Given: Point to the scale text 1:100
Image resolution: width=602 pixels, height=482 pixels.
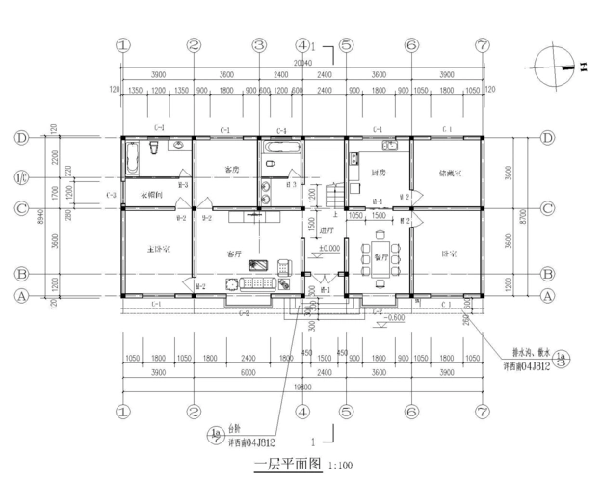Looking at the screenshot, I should tap(341, 466).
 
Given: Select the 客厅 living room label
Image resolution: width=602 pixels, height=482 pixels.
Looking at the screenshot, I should tap(233, 254).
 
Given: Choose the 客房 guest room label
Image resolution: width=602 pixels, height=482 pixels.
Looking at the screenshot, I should tap(231, 170).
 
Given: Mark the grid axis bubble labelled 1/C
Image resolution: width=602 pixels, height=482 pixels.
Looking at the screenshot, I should tap(21, 176).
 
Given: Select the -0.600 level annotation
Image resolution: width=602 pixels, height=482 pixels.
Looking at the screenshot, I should tap(392, 317).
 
